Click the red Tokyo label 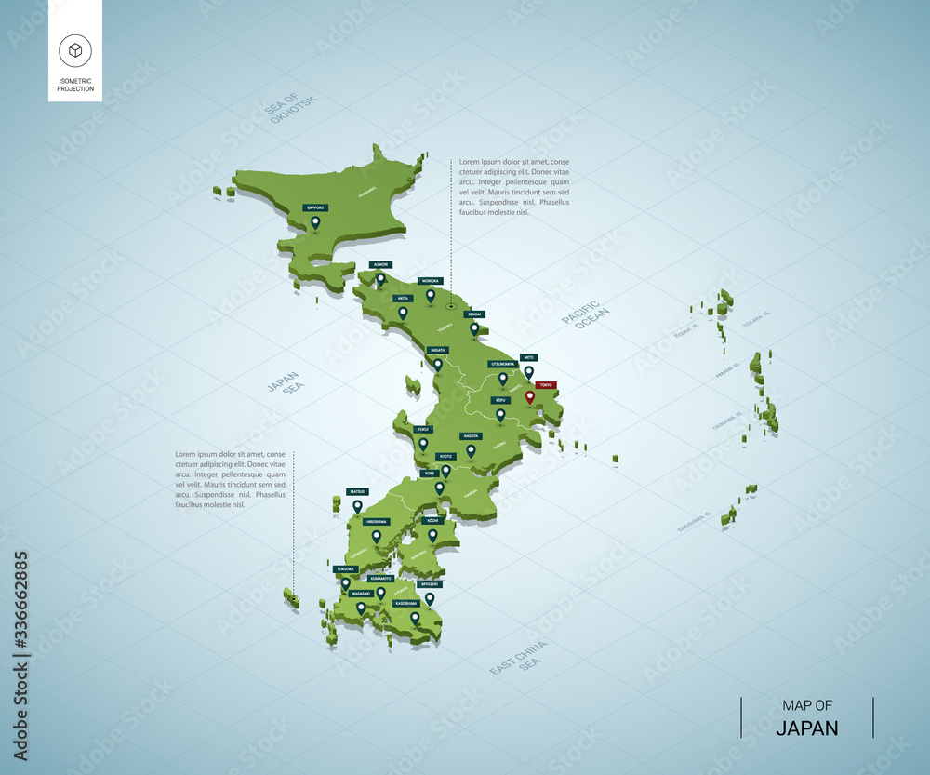(546, 384)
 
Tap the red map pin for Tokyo (530, 397)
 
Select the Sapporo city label (315, 208)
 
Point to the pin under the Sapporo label (315, 222)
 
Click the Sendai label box (474, 314)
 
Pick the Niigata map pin (438, 364)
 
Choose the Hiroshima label (377, 522)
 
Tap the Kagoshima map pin (415, 617)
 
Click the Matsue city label (357, 490)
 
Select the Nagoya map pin (471, 450)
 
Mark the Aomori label (379, 264)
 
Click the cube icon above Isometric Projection (74, 50)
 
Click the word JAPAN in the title (807, 728)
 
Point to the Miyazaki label (429, 584)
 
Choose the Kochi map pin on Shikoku (432, 535)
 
